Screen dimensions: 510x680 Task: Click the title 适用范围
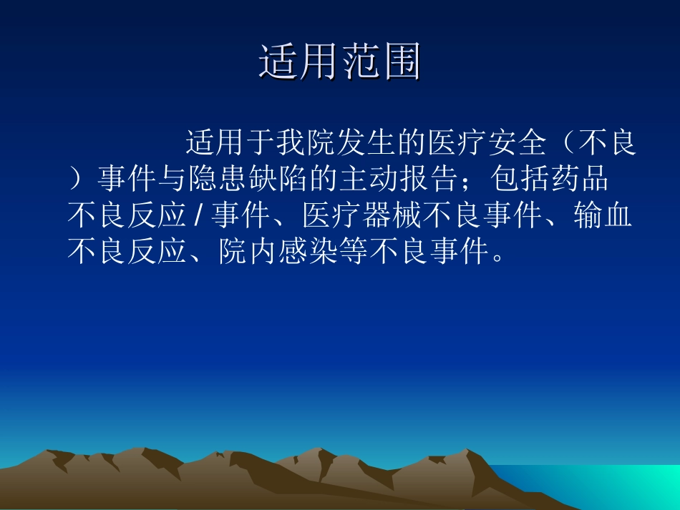click(339, 62)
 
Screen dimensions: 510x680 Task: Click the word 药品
click(578, 179)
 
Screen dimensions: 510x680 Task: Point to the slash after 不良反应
click(197, 215)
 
